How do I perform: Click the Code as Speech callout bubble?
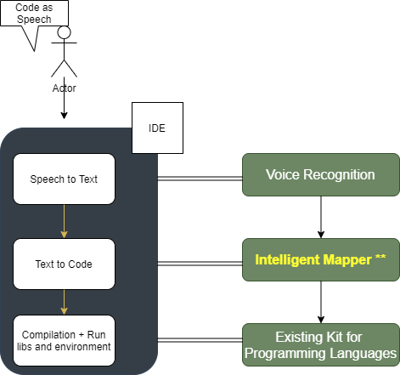[34, 14]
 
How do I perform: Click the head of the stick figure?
[64, 33]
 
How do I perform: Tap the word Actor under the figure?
[64, 88]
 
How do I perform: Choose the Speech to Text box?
[64, 179]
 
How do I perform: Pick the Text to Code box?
[64, 264]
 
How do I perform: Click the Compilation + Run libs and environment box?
[64, 340]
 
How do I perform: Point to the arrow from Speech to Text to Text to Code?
[64, 222]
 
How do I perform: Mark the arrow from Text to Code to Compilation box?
[64, 303]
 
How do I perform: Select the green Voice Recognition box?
[320, 175]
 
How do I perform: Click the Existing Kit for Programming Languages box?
[320, 345]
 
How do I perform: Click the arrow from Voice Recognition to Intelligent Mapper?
[320, 218]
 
